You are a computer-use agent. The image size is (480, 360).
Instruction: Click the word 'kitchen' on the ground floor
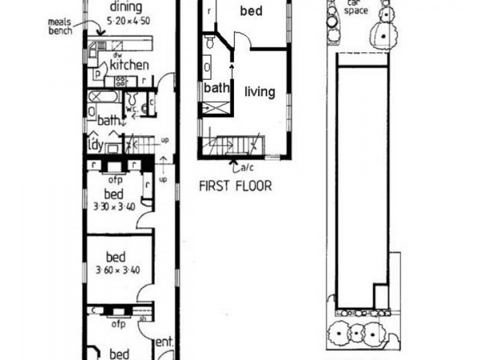128,65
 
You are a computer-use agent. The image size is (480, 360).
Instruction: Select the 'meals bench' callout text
61,27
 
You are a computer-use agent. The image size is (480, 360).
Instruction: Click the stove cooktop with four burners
119,81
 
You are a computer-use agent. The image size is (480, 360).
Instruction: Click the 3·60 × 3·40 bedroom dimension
118,269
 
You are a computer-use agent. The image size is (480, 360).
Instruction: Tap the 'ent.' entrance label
164,342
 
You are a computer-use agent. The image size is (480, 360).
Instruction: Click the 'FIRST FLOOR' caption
235,186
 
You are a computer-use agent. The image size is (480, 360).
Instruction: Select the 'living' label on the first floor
259,92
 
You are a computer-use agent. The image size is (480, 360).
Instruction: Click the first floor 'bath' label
217,88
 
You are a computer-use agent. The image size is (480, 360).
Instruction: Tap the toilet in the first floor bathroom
209,43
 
